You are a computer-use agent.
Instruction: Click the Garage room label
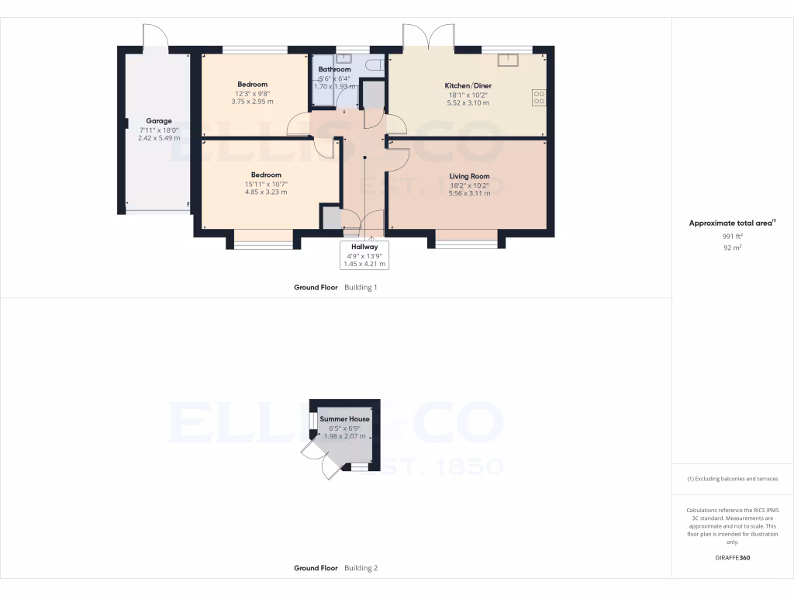coord(159,121)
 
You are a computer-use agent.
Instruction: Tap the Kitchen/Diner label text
coord(468,85)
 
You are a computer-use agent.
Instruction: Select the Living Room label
coord(469,176)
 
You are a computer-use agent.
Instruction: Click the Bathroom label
coord(334,70)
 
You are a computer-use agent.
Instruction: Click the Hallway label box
coord(364,255)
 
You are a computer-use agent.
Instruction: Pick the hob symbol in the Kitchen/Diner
coord(538,97)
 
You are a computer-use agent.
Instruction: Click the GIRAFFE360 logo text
coord(732,558)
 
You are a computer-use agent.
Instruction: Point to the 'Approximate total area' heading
coord(732,223)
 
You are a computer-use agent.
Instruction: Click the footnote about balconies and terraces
coord(732,479)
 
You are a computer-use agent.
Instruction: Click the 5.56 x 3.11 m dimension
coord(469,193)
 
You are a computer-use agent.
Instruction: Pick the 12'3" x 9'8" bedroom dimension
coord(253,93)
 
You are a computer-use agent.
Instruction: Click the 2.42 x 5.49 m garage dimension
coord(159,138)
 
